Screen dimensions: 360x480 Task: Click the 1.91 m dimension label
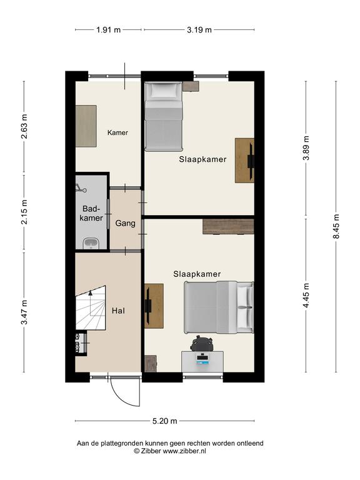point(108,30)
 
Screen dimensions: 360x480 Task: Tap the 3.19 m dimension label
point(199,30)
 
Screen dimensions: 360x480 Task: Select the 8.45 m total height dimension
point(336,226)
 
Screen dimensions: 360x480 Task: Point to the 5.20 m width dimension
point(165,421)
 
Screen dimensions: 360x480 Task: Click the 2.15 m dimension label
point(24,212)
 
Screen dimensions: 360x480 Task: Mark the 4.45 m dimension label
point(306,296)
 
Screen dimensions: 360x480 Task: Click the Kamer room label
point(117,132)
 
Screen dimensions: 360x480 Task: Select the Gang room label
point(125,223)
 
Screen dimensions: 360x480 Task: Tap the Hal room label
point(118,311)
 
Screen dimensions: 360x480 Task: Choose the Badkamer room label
point(91,213)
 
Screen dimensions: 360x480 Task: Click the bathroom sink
point(91,244)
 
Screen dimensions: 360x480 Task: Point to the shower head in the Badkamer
point(81,188)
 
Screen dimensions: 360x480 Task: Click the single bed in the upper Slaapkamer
point(164,116)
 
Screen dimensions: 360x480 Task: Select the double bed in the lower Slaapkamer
point(219,307)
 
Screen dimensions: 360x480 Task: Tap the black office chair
point(201,343)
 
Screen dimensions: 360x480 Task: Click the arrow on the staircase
point(90,303)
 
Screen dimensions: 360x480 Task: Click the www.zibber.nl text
point(184,451)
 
